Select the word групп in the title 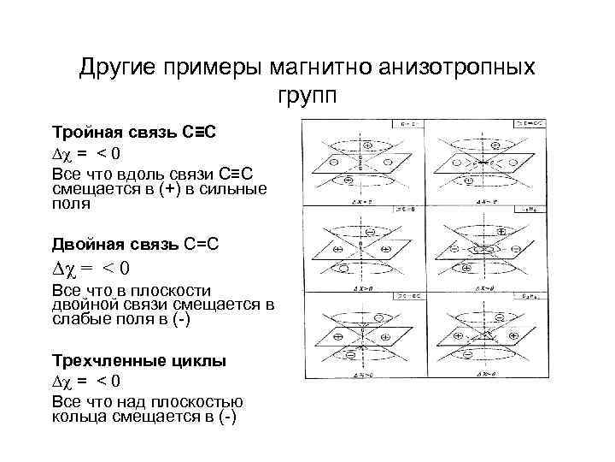pos(307,93)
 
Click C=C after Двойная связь pos(202,245)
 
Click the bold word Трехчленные pos(104,361)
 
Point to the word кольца pos(76,418)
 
